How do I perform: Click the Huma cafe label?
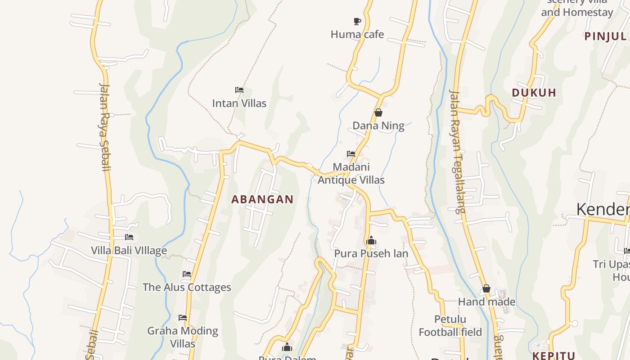pyautogui.click(x=357, y=34)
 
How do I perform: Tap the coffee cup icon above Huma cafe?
pyautogui.click(x=357, y=21)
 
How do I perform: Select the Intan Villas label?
pyautogui.click(x=239, y=103)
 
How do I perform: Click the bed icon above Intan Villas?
pyautogui.click(x=239, y=90)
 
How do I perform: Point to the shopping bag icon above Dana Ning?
pyautogui.click(x=378, y=112)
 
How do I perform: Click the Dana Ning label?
pyautogui.click(x=378, y=126)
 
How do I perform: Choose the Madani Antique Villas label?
pyautogui.click(x=351, y=173)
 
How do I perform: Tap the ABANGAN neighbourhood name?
pyautogui.click(x=262, y=199)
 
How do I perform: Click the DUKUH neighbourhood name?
pyautogui.click(x=534, y=93)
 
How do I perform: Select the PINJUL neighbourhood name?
pyautogui.click(x=605, y=36)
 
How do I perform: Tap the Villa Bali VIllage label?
pyautogui.click(x=129, y=251)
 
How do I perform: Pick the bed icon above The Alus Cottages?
pyautogui.click(x=187, y=274)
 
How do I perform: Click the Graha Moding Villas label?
pyautogui.click(x=183, y=337)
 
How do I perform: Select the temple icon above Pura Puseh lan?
pyautogui.click(x=371, y=240)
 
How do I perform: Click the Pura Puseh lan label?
pyautogui.click(x=371, y=253)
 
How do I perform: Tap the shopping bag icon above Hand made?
pyautogui.click(x=486, y=288)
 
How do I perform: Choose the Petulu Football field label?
pyautogui.click(x=450, y=326)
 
